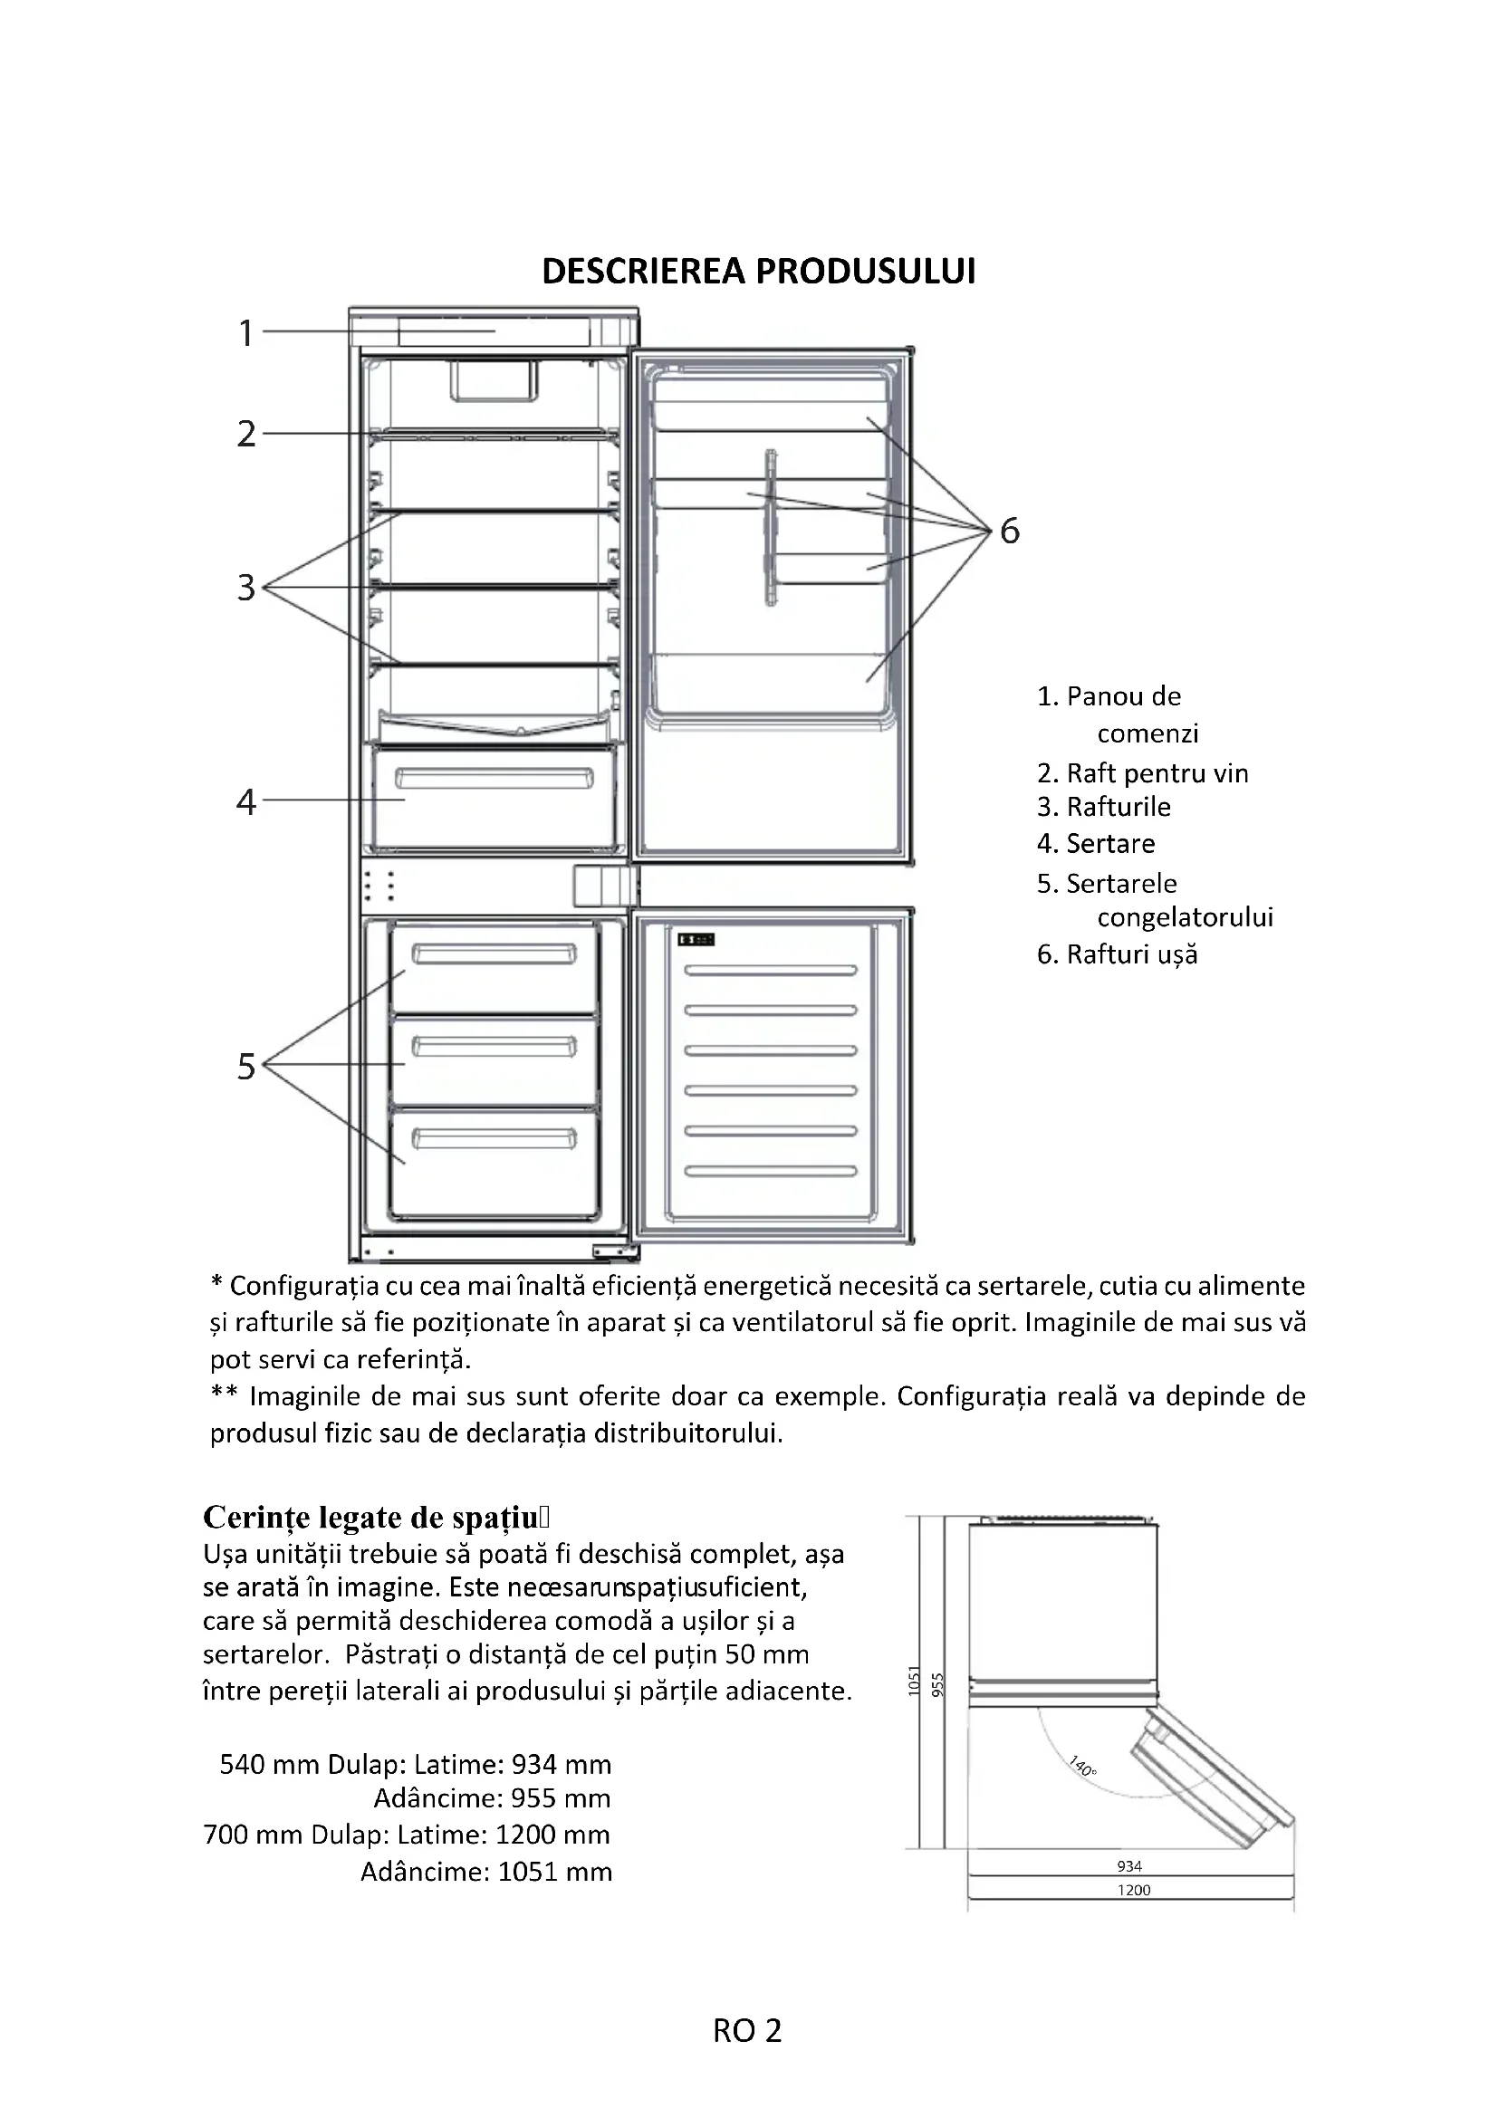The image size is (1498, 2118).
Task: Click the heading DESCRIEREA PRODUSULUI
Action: click(758, 273)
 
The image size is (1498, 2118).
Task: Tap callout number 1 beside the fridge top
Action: click(245, 333)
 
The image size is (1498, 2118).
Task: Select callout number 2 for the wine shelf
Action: click(245, 434)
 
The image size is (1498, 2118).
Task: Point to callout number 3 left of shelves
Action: click(245, 588)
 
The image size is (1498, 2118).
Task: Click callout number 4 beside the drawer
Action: click(245, 801)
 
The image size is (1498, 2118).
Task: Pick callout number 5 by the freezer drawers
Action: click(245, 1067)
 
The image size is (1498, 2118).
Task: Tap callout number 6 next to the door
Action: click(1010, 531)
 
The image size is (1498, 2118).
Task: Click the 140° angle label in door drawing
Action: click(1083, 1767)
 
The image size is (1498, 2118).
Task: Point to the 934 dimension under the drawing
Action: click(1129, 1866)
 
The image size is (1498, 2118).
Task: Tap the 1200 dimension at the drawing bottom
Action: click(1134, 1890)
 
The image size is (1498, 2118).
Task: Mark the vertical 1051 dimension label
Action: click(914, 1681)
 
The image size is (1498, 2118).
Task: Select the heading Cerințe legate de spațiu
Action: click(377, 1518)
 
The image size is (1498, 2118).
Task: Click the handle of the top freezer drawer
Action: click(494, 954)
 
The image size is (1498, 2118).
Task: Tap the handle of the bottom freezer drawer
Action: click(494, 1139)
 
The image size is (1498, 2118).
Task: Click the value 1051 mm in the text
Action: click(554, 1872)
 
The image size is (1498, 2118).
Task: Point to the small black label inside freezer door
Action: click(696, 939)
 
